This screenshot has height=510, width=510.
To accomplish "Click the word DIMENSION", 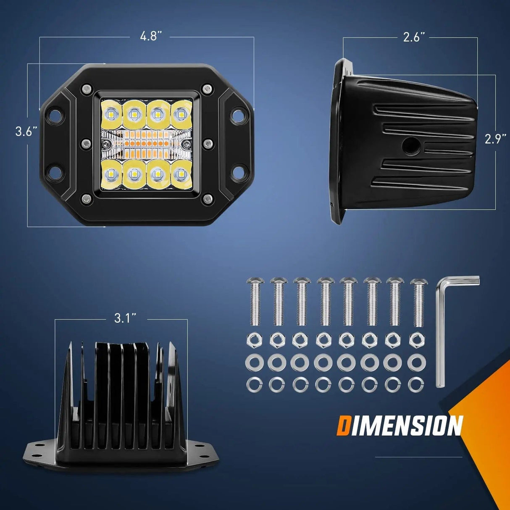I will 400,426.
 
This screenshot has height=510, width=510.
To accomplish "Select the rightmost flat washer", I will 416,362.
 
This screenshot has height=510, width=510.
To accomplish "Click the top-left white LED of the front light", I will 111,113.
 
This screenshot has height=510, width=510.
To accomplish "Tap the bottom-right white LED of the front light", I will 181,173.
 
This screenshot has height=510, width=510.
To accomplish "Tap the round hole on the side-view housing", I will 408,146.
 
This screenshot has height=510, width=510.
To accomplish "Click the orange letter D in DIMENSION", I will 343,426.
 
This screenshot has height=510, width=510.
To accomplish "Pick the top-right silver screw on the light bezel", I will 207,89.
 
